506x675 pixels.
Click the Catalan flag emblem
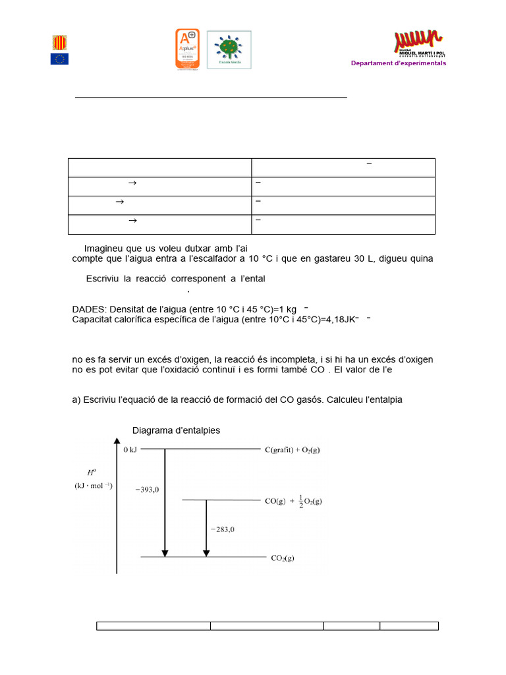[59, 42]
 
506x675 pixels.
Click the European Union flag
[59, 59]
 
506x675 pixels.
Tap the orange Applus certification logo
[187, 49]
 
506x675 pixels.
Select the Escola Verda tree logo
[229, 49]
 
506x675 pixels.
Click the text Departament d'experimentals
[398, 63]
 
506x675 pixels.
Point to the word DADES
[88, 309]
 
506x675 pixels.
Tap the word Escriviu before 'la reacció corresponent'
[102, 279]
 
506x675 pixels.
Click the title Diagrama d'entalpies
[176, 430]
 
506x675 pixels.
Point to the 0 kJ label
[130, 450]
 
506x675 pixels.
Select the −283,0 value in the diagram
[223, 529]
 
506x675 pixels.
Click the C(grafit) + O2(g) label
[292, 450]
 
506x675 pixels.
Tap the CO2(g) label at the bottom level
[283, 558]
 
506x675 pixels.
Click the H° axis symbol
[92, 472]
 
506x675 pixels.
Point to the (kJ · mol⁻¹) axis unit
[93, 486]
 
